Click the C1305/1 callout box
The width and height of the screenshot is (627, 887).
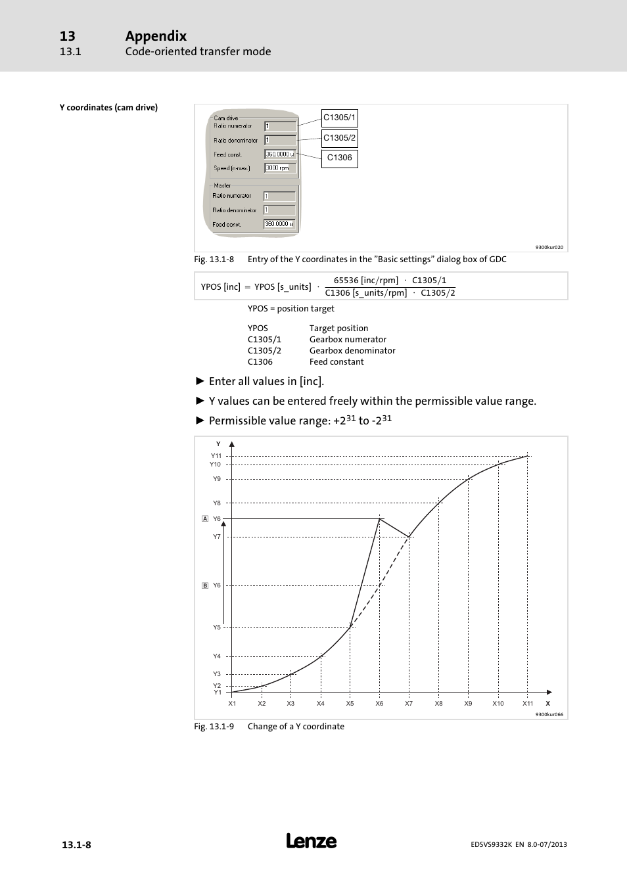point(339,118)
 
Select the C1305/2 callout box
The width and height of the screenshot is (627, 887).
point(339,138)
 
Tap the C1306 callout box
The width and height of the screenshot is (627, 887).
point(339,158)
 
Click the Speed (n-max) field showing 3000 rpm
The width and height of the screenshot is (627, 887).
point(280,168)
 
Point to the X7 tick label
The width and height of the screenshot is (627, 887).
point(409,704)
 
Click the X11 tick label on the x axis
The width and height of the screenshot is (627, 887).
point(528,704)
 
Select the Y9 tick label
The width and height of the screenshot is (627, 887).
point(217,479)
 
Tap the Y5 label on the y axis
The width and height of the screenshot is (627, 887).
point(217,627)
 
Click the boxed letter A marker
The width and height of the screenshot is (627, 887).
point(205,519)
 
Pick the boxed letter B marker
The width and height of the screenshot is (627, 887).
point(205,585)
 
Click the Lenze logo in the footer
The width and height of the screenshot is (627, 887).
point(312,842)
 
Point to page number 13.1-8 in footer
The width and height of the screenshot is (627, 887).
point(76,845)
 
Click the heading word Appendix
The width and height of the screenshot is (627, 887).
point(156,36)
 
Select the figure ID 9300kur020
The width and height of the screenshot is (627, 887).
point(549,248)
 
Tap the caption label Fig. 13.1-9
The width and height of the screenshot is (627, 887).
point(214,727)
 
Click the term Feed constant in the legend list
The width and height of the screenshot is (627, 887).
point(337,362)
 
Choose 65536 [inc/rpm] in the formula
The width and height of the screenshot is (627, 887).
point(366,281)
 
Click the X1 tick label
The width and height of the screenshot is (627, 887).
point(232,704)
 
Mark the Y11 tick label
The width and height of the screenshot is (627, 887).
point(216,456)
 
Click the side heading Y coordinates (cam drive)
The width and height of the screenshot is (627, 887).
point(108,108)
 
